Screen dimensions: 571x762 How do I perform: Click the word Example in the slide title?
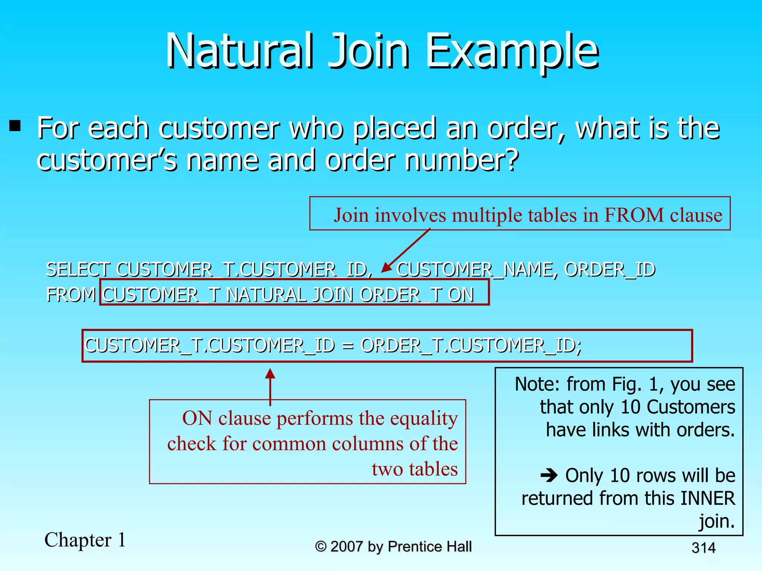(512, 52)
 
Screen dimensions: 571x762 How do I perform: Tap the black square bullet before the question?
(15, 125)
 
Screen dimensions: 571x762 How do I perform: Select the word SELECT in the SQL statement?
(78, 270)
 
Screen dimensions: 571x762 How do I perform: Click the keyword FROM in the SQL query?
(71, 295)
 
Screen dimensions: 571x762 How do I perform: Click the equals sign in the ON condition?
(348, 346)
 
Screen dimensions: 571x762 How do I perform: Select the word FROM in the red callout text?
(634, 215)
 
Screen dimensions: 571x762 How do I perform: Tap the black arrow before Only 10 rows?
(549, 475)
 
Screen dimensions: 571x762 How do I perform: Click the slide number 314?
(703, 548)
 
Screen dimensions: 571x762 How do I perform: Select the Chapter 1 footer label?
(85, 540)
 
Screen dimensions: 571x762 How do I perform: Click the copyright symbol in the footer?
(321, 546)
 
